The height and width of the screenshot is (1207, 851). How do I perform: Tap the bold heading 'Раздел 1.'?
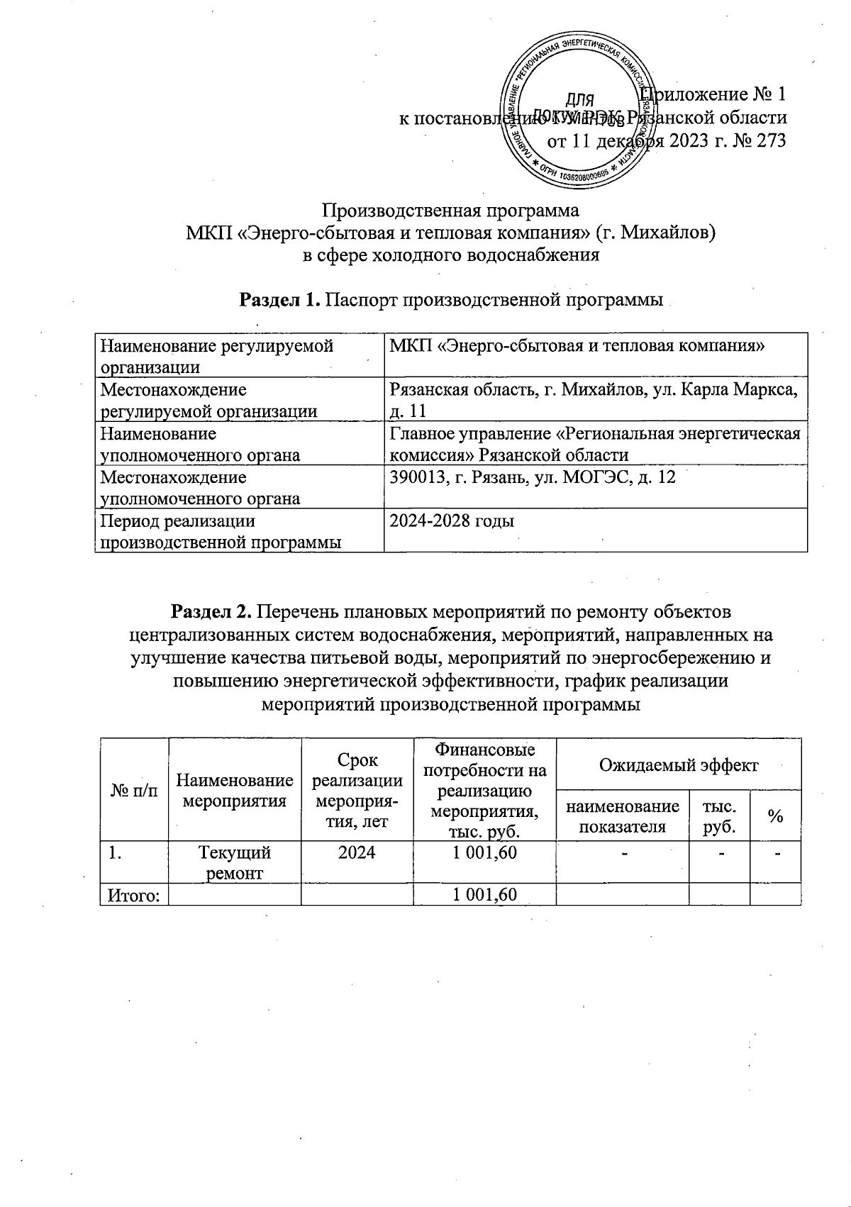coord(279,300)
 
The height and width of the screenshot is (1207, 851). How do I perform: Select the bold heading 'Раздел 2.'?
coord(211,611)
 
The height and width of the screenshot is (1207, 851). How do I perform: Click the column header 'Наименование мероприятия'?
coord(235,791)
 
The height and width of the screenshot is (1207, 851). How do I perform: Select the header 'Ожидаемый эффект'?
coord(679,764)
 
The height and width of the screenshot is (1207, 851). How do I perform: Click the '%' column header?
coord(775,816)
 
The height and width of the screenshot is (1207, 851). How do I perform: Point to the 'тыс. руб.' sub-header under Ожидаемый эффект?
coord(718,816)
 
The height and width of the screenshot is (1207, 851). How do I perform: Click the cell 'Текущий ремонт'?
coord(235,862)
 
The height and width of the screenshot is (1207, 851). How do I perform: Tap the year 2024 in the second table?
coord(357,852)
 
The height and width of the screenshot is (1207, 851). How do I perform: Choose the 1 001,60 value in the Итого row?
coord(484,895)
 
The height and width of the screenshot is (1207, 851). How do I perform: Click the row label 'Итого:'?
coord(133,895)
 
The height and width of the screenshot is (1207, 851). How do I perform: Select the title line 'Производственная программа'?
coord(451,211)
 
